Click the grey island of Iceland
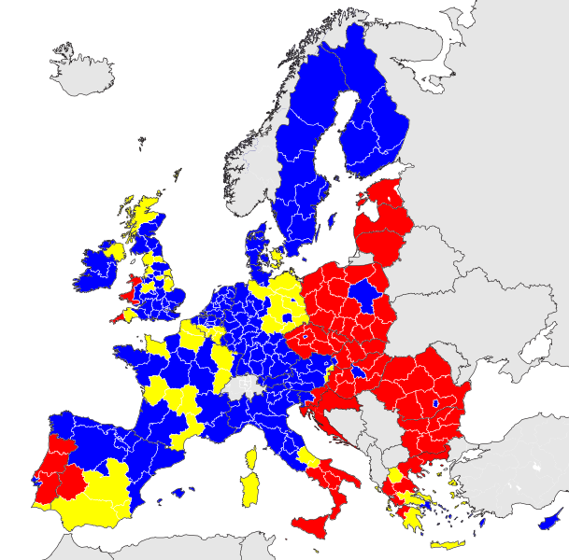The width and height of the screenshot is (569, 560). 84,73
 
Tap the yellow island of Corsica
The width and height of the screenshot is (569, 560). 251,457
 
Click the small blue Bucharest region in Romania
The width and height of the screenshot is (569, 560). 434,404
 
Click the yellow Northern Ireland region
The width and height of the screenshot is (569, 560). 116,251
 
